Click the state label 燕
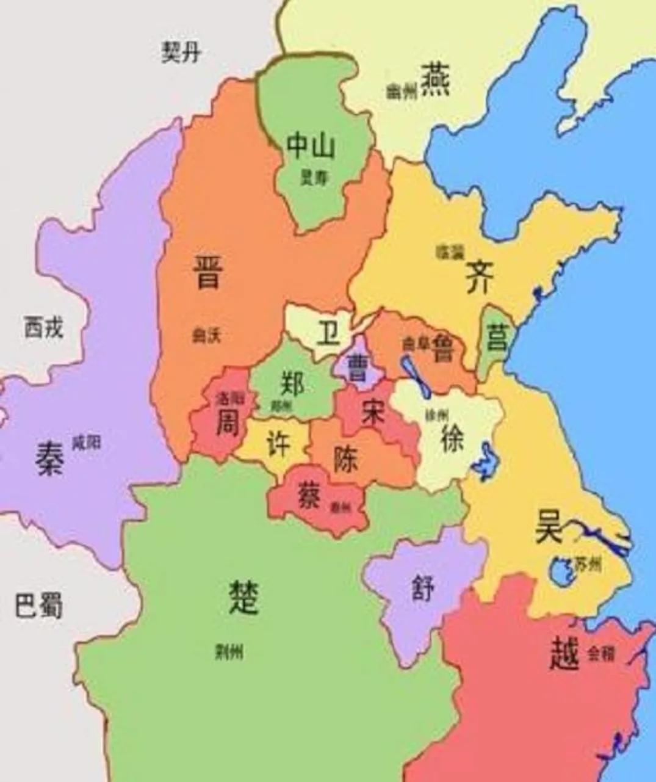coord(435,79)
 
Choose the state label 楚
coord(243,596)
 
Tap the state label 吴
coord(549,526)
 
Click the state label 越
coord(564,654)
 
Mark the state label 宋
coord(372,413)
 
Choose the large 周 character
coord(227,422)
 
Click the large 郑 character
coord(292,383)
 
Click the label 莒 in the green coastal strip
coord(496,337)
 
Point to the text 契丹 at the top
coord(181,52)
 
